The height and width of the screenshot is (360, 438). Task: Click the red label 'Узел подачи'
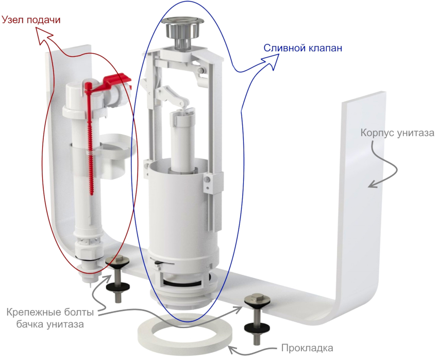[31, 20]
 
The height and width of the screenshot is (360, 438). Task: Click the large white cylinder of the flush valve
[180, 206]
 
